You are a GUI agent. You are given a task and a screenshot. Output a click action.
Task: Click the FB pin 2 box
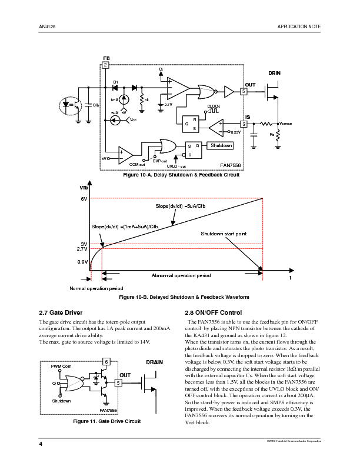click(105, 64)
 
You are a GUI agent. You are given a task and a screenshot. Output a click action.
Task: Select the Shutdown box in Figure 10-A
click(221, 145)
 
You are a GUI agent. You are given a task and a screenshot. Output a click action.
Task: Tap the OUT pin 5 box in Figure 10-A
click(244, 92)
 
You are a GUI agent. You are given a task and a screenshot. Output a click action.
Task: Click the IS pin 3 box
click(244, 124)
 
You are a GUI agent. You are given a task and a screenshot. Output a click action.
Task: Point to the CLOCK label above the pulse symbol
click(214, 105)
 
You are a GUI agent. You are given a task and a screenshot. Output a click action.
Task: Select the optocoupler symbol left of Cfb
click(75, 104)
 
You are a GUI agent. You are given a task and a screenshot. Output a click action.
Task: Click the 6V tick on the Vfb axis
click(84, 199)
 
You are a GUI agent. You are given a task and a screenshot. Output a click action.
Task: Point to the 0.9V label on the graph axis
click(83, 261)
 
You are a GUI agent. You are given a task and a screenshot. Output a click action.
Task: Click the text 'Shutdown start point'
click(224, 234)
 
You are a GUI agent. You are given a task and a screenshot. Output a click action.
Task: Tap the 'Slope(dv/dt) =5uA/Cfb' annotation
click(181, 207)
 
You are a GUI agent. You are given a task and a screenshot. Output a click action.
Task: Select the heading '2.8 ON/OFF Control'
click(214, 312)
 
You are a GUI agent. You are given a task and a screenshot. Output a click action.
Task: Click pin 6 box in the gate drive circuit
click(106, 361)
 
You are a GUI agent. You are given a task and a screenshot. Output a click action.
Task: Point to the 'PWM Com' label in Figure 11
click(60, 367)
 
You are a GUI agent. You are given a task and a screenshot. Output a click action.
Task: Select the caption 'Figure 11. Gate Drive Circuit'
click(106, 421)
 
